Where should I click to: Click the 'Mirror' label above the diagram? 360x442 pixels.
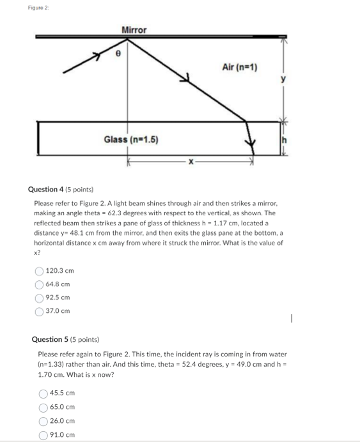click(134, 30)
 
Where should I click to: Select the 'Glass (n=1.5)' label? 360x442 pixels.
click(131, 140)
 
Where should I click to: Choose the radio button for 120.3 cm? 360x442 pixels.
click(40, 271)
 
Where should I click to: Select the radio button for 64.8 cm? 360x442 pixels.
click(40, 284)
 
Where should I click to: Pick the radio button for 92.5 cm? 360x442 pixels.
click(40, 298)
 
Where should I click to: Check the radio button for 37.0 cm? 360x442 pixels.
click(40, 311)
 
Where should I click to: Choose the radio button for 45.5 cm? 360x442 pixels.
click(43, 393)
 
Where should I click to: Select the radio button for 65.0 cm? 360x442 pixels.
click(43, 407)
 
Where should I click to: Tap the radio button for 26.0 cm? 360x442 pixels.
click(43, 421)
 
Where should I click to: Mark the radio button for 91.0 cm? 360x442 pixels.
click(43, 434)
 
